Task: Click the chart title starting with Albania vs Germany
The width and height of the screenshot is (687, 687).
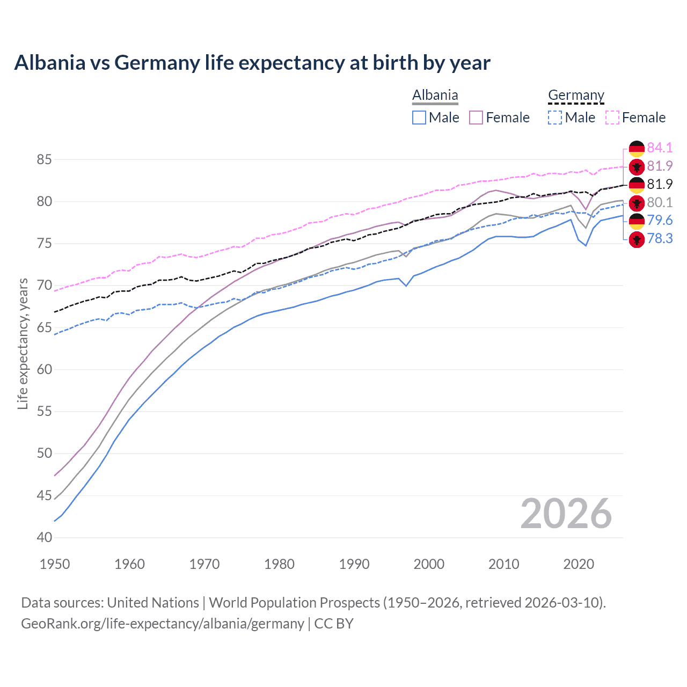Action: [x=252, y=63]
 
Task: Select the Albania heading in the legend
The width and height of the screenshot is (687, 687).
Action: [x=435, y=96]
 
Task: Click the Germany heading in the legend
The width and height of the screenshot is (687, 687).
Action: [x=576, y=96]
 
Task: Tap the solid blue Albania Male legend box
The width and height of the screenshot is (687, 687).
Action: [x=419, y=118]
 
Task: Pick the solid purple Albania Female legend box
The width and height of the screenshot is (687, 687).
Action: [x=476, y=118]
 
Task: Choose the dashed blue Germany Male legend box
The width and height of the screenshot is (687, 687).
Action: [x=555, y=118]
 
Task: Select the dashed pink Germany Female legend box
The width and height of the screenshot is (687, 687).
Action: [x=612, y=118]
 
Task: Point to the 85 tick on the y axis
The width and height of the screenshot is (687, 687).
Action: [x=44, y=159]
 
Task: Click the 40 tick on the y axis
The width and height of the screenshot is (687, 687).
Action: [x=44, y=537]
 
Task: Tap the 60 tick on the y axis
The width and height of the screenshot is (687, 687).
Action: [x=44, y=369]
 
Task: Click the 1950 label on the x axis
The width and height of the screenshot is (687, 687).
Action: [x=55, y=564]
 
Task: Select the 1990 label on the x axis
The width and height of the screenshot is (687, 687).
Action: [x=354, y=564]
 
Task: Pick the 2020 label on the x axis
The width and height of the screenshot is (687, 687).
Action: [x=579, y=564]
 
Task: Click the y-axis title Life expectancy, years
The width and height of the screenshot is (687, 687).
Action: [x=23, y=343]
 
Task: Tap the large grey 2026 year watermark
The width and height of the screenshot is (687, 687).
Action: [x=566, y=514]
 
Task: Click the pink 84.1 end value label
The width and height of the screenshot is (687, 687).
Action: [x=660, y=148]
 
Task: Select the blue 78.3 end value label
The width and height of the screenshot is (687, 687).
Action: [x=660, y=238]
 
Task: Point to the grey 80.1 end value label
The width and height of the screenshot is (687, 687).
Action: [x=660, y=202]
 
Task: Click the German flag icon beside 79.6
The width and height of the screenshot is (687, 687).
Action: [x=637, y=221]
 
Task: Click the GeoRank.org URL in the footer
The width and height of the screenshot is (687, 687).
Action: [x=162, y=624]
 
